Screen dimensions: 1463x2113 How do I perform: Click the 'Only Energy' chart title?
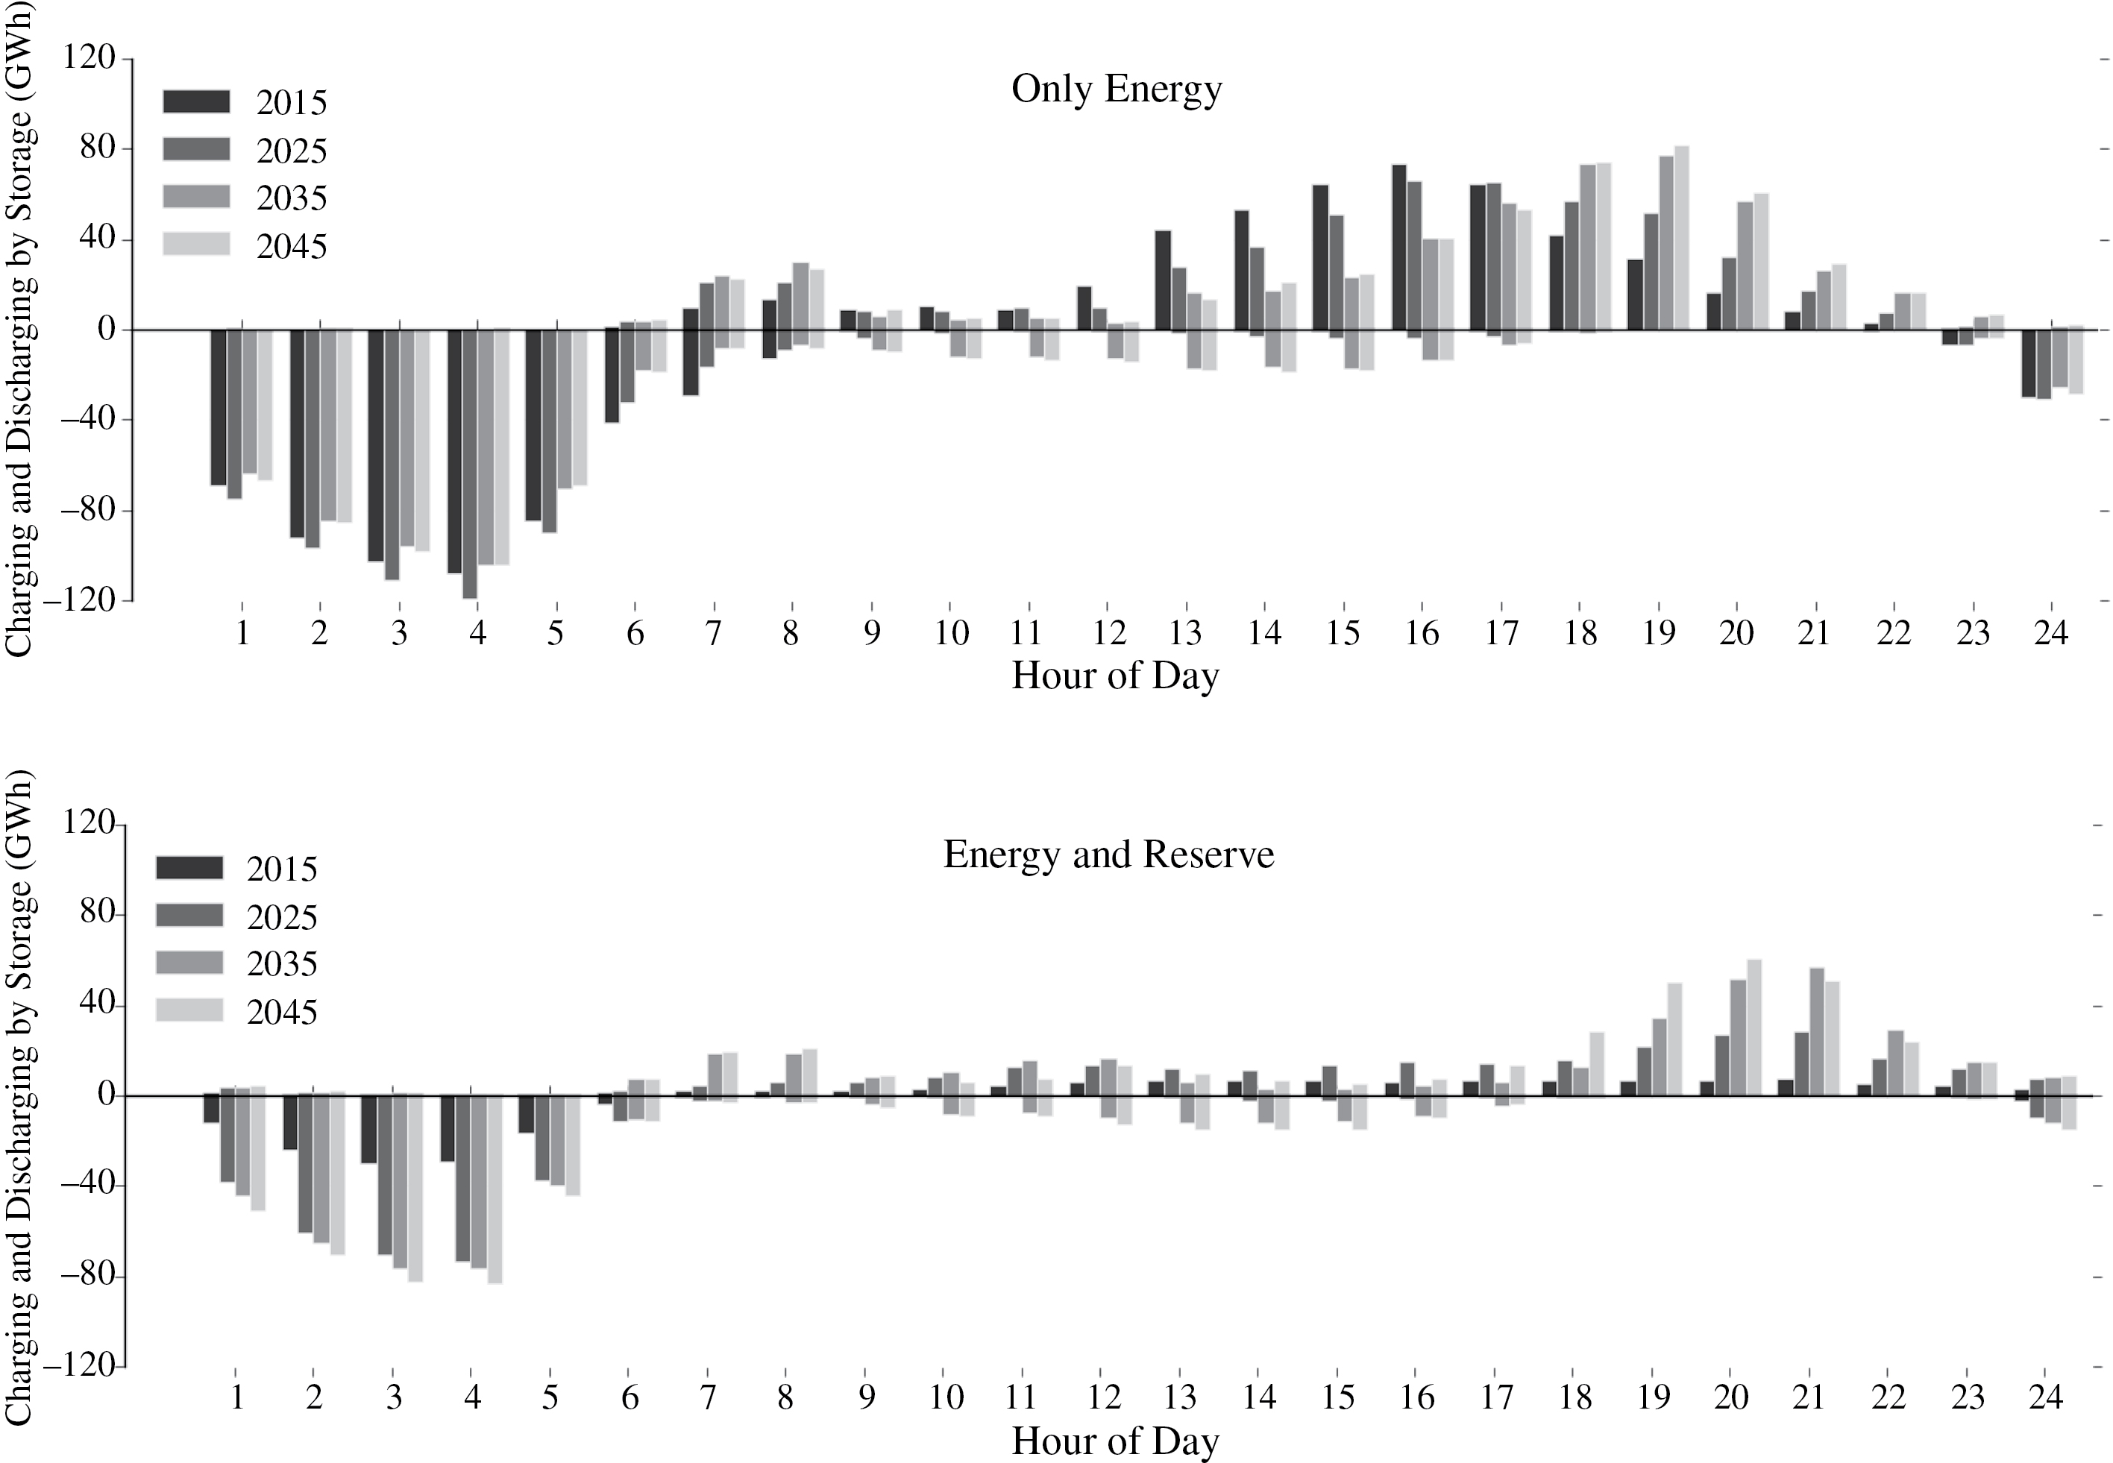[1116, 89]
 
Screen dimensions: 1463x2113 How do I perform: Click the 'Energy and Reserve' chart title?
[1108, 855]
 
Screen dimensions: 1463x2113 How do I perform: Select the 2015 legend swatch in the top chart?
[196, 101]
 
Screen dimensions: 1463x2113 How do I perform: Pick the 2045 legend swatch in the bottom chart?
[189, 1010]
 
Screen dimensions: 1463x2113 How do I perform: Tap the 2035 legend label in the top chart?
[292, 199]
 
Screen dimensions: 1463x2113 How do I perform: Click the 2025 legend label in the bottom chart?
[281, 916]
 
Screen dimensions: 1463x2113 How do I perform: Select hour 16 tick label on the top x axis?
[1421, 633]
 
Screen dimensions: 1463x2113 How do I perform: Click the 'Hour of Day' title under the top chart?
[1116, 676]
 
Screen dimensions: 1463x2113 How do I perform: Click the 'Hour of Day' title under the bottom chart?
[1116, 1441]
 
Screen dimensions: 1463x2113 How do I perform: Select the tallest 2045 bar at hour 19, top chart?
[1681, 239]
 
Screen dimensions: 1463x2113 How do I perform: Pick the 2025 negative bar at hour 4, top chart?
[469, 464]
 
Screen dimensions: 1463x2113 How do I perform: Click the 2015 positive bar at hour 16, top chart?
[1399, 248]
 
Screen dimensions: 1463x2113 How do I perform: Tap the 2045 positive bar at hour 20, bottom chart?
[1753, 1028]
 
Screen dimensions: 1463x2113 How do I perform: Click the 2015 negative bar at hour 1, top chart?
[219, 407]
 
